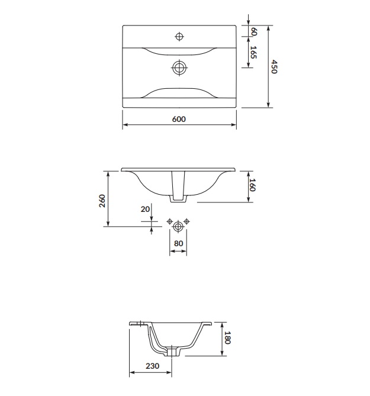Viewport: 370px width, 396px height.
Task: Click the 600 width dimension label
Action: (179, 119)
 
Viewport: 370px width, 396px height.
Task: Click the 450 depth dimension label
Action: (274, 67)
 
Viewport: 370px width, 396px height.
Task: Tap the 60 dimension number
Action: (254, 31)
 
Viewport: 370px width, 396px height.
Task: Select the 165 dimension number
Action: (253, 52)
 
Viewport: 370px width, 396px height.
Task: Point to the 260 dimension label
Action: (102, 201)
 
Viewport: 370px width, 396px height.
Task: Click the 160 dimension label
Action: (252, 185)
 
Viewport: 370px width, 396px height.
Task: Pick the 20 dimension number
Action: (145, 209)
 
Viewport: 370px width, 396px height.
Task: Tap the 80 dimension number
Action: (178, 243)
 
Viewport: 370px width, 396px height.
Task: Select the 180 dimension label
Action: (227, 337)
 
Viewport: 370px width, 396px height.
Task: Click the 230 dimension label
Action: (152, 366)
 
